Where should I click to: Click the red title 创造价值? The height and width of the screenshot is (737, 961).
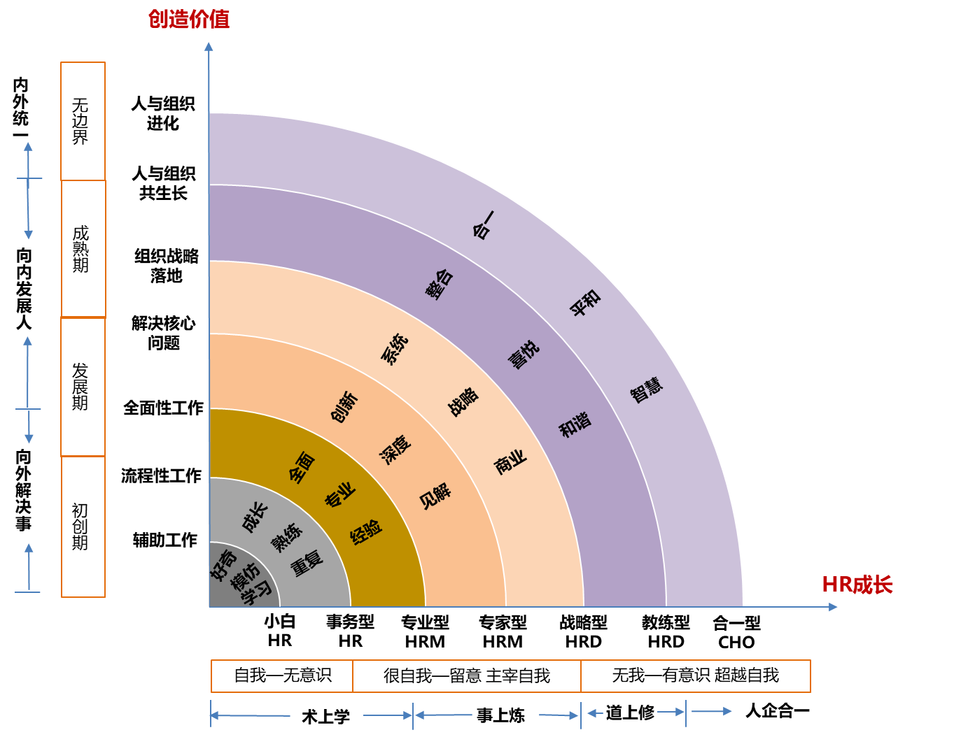tap(188, 19)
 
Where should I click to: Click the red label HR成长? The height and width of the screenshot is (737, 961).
tap(857, 585)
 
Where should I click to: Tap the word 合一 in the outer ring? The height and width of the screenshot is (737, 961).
tap(483, 225)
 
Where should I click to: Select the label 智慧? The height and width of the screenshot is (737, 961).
tap(646, 390)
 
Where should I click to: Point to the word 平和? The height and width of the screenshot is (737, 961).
tap(585, 303)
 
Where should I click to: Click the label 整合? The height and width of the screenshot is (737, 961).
tap(440, 284)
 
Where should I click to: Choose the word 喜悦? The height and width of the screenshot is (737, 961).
tap(524, 355)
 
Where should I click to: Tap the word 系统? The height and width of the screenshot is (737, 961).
tap(394, 349)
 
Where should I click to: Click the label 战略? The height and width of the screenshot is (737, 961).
tap(463, 401)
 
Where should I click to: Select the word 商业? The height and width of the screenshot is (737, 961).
tap(510, 462)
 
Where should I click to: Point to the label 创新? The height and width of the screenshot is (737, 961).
tap(344, 407)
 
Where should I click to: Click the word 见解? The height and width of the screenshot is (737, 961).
tap(435, 496)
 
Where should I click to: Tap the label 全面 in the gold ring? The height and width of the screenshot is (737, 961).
tap(302, 467)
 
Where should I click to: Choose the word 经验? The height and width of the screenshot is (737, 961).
tap(365, 531)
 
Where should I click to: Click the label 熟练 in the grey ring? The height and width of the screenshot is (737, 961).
tap(287, 537)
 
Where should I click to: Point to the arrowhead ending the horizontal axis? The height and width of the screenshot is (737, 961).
tap(833, 607)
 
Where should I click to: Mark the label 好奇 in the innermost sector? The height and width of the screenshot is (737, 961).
tap(224, 565)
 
